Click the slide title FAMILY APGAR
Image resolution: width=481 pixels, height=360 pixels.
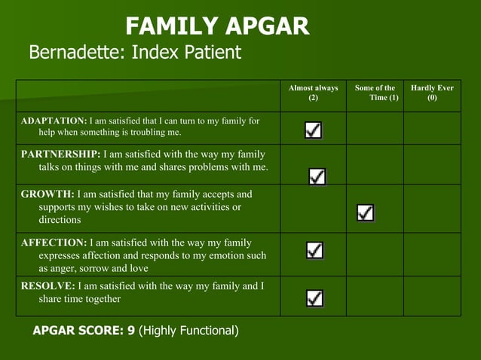(217, 26)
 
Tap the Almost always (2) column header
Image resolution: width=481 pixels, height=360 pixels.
(313, 93)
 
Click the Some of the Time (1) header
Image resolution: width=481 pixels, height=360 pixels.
(375, 93)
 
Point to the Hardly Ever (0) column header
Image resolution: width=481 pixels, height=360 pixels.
(432, 93)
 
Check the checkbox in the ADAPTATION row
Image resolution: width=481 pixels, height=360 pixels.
(314, 130)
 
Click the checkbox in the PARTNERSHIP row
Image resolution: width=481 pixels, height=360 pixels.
(317, 176)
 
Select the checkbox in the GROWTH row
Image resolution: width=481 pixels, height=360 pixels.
(365, 213)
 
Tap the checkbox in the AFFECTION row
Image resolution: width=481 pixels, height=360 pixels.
(314, 250)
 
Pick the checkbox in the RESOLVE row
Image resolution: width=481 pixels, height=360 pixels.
(315, 298)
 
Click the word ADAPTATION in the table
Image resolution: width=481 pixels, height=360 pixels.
(54, 121)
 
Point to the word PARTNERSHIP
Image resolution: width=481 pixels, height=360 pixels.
(60, 154)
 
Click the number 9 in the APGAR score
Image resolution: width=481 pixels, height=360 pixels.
(130, 331)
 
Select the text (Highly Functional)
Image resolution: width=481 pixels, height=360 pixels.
(189, 331)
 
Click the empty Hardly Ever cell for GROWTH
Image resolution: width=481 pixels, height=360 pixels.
(432, 209)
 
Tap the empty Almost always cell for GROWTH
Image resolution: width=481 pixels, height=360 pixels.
(313, 209)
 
